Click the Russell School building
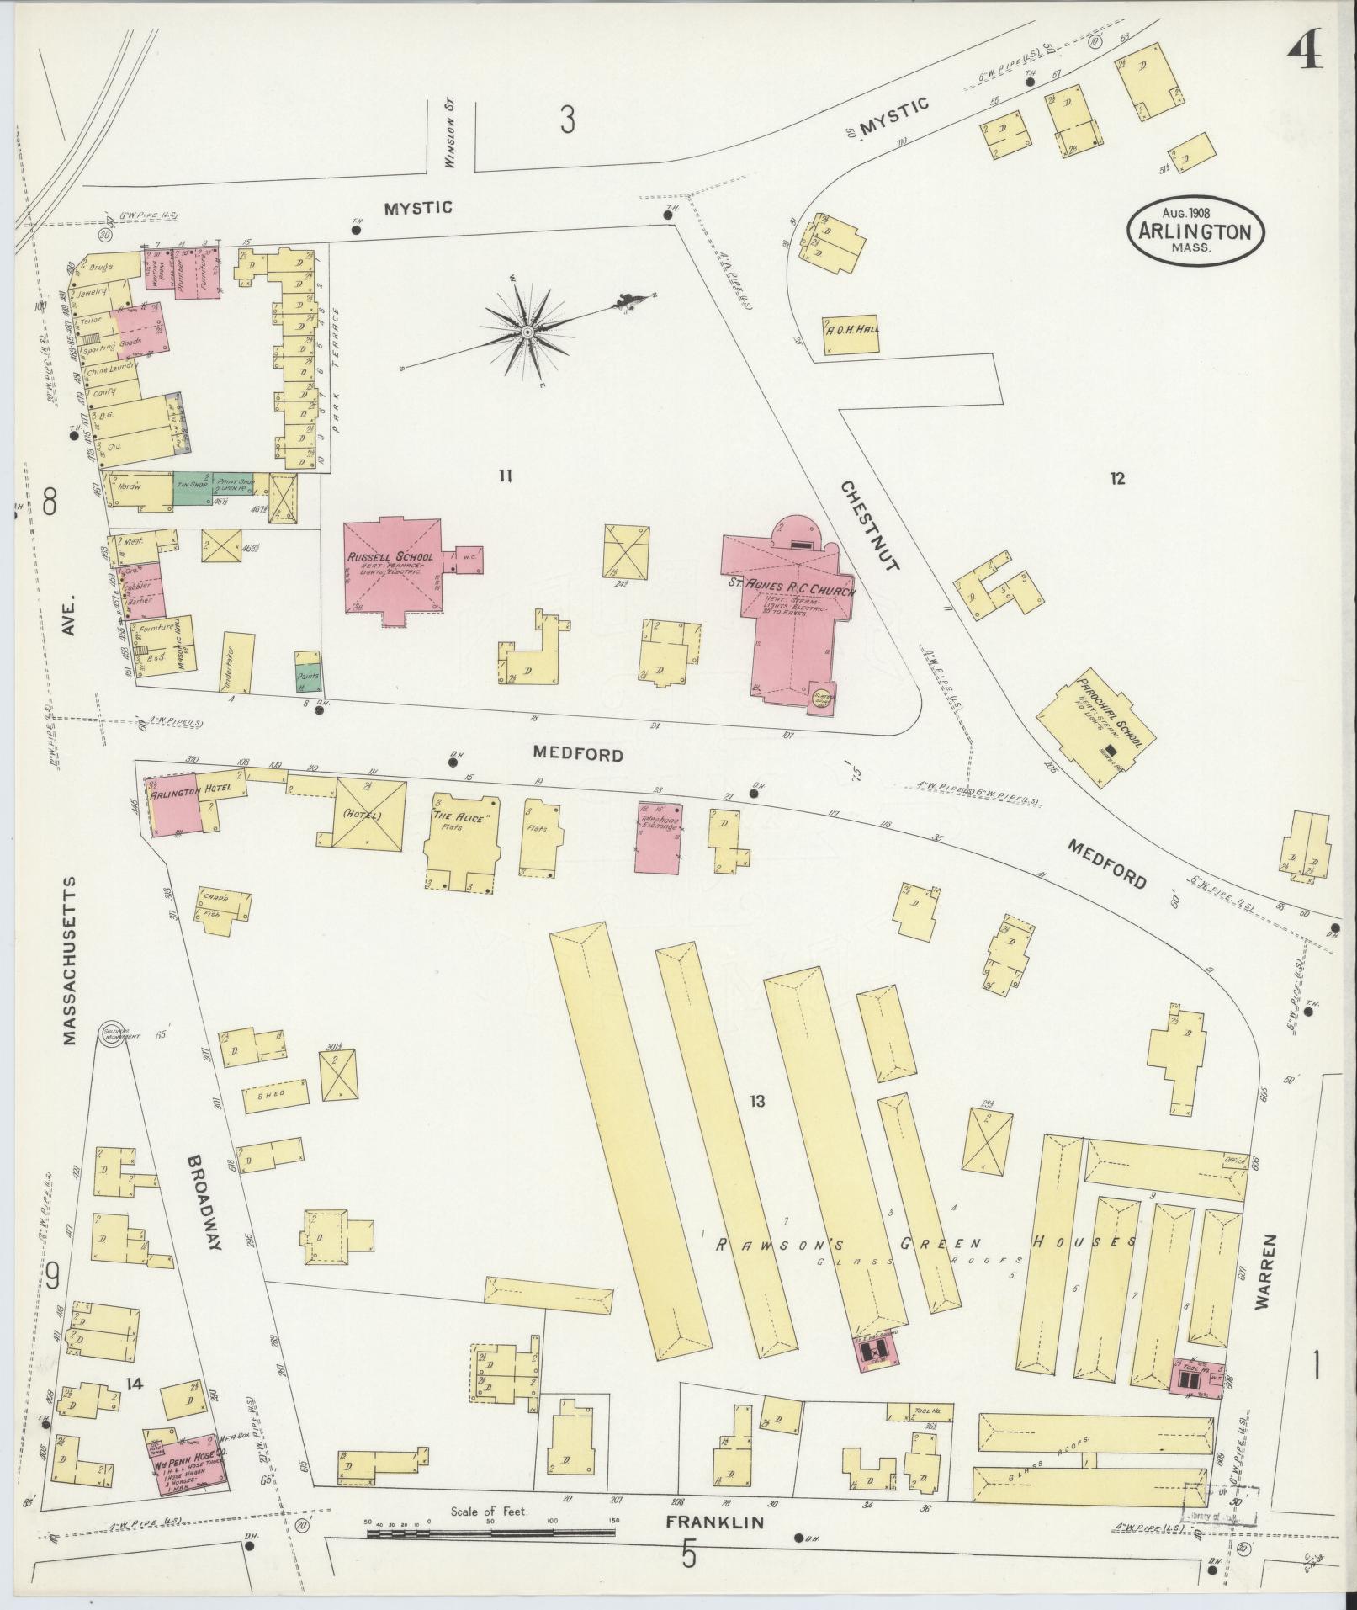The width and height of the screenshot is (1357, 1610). pos(392,569)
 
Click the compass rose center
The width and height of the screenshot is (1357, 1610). pos(527,332)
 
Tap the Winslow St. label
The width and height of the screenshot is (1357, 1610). pos(450,135)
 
